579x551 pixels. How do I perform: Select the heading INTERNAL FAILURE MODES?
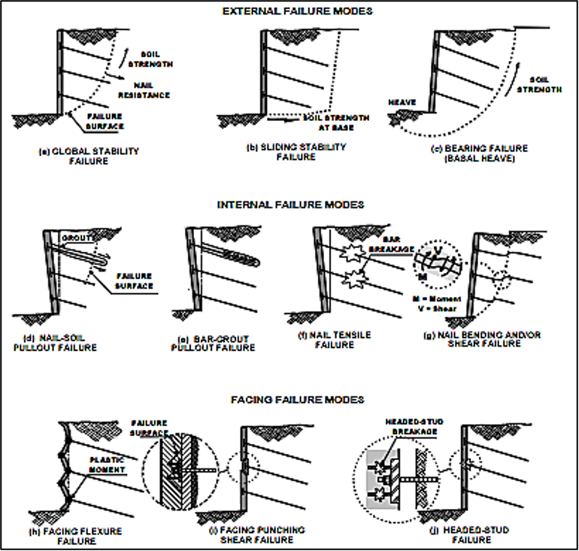[289, 204]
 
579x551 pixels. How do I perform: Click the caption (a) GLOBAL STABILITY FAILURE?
[89, 156]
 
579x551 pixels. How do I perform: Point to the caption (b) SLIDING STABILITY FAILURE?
[296, 152]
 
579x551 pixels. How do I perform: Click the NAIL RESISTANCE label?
[144, 90]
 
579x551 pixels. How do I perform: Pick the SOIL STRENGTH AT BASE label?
[336, 123]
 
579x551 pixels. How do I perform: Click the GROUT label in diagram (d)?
[80, 237]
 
